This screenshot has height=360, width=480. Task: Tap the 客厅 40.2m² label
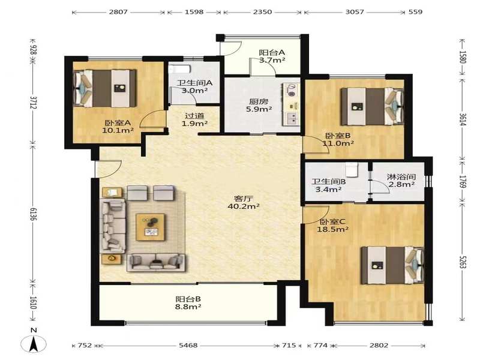(244, 203)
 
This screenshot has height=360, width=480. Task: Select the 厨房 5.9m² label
(259, 105)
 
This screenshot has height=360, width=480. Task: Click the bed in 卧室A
(105, 88)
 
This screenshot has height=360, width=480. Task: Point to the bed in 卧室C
(392, 265)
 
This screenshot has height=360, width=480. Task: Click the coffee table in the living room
(151, 227)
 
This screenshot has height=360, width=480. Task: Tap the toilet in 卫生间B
(352, 169)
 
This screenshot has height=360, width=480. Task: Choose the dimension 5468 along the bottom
(188, 346)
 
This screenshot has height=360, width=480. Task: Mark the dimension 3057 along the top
(355, 12)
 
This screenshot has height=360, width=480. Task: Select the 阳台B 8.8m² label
(188, 303)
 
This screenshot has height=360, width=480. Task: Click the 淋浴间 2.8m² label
(401, 181)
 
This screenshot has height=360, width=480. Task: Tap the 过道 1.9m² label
(194, 119)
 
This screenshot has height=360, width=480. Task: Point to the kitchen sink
(291, 118)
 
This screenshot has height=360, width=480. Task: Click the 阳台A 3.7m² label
(272, 56)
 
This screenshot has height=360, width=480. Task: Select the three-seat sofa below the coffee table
(157, 262)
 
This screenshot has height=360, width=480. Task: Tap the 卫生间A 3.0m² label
(194, 86)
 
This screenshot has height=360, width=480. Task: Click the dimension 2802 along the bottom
(379, 346)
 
